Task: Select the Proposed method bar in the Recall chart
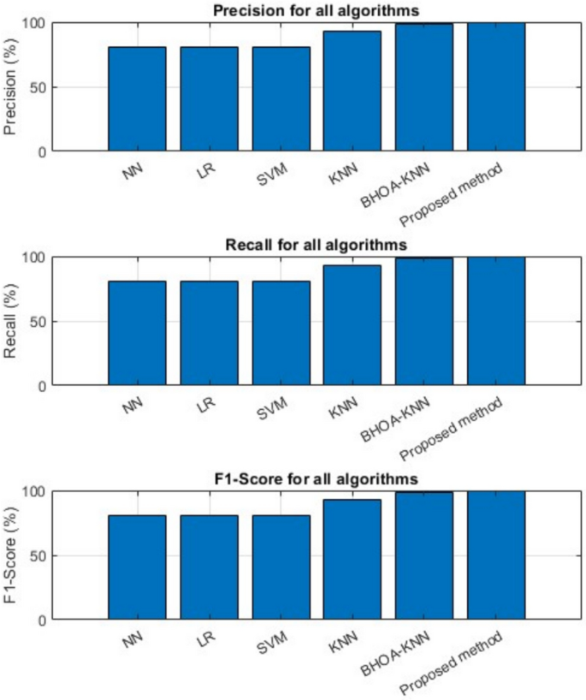click(x=495, y=321)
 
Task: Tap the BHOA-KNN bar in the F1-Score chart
click(x=423, y=555)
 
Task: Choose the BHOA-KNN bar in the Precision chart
click(x=423, y=87)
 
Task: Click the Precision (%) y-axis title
click(x=12, y=86)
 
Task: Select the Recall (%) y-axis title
click(x=12, y=322)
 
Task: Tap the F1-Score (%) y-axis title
click(x=12, y=555)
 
